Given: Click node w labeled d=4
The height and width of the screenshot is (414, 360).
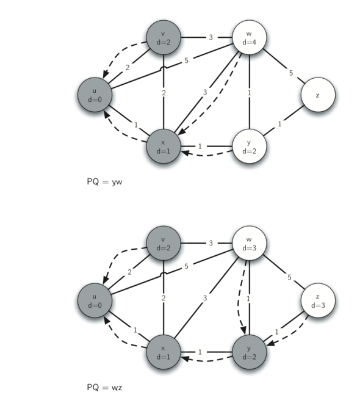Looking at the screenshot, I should [250, 38].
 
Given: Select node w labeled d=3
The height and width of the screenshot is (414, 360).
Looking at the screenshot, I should [250, 244].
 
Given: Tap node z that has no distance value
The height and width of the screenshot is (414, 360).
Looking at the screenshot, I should [318, 95].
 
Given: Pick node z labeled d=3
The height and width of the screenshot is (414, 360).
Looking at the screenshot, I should [318, 301].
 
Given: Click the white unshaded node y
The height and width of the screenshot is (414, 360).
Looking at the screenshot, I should [250, 147].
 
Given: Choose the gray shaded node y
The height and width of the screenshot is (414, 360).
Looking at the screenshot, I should [250, 352].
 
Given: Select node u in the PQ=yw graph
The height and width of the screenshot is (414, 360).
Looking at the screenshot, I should [95, 95].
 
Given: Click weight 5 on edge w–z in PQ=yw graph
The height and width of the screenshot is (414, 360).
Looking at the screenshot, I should [291, 73].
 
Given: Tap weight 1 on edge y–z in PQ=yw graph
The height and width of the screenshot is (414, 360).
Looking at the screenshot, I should [279, 123].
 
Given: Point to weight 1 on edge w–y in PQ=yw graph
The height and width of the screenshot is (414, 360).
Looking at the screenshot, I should [249, 93].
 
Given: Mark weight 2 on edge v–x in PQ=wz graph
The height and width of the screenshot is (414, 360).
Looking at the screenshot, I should [163, 298].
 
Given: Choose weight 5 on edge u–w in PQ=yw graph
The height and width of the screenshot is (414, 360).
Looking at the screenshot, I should [185, 60].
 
